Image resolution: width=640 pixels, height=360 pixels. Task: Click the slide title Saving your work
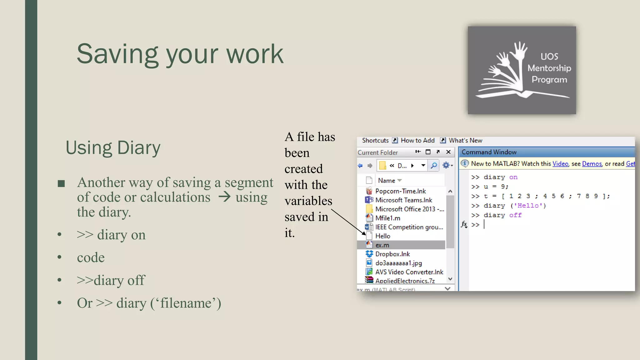(180, 54)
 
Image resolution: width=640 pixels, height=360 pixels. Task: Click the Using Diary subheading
(113, 147)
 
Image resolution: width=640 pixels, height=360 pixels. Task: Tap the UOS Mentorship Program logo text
(549, 68)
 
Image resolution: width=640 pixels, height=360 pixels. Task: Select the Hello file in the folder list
(382, 236)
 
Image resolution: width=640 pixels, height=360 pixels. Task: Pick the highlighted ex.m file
(382, 245)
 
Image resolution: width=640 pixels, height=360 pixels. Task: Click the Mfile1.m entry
(387, 218)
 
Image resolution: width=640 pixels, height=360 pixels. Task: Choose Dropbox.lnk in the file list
(392, 254)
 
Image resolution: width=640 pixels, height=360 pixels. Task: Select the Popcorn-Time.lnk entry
(400, 191)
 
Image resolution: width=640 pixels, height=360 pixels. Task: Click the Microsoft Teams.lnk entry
(403, 200)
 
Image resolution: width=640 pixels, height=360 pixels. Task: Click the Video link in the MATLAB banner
(560, 164)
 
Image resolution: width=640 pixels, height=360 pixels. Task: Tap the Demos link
(592, 164)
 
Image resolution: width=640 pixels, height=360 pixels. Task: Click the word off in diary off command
(515, 215)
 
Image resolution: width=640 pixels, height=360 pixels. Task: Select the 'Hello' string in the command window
(528, 206)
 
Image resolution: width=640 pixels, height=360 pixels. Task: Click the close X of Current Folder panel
(448, 152)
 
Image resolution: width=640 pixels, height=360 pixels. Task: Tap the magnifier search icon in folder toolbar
(434, 165)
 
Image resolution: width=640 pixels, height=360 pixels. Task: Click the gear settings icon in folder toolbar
(446, 165)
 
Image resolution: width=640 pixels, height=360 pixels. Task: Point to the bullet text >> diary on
(111, 235)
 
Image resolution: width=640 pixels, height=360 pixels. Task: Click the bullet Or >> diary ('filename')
(149, 303)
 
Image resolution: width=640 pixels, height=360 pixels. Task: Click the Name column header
(387, 181)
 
